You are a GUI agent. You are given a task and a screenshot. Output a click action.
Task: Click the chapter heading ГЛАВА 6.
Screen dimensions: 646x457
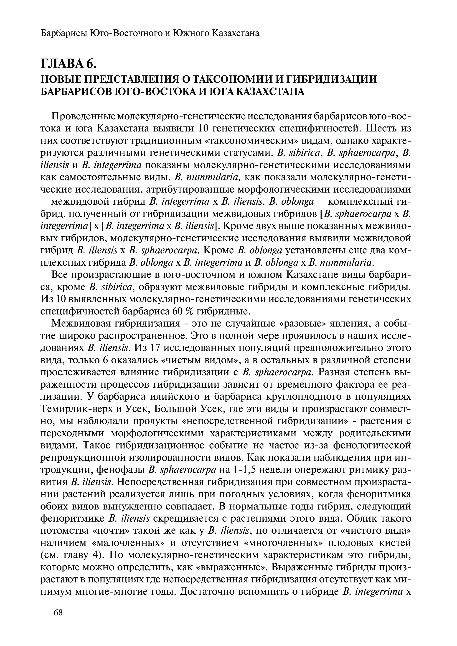(x=68, y=64)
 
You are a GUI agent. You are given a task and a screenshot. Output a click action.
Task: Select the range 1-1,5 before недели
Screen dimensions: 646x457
(x=245, y=470)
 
